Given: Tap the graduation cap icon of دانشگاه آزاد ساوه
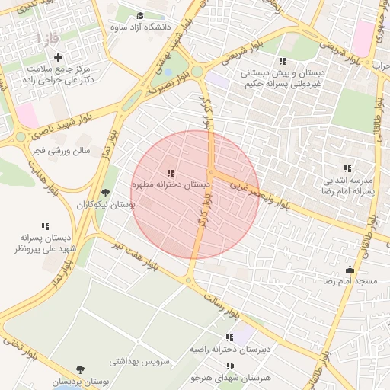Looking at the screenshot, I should pyautogui.click(x=140, y=15).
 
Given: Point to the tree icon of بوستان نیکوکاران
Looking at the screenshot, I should pyautogui.click(x=105, y=193).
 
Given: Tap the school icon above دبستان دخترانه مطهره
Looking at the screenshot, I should pyautogui.click(x=171, y=174).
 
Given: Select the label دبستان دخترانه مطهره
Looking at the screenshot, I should pyautogui.click(x=171, y=185).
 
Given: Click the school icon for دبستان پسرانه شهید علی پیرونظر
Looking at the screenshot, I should pyautogui.click(x=45, y=226).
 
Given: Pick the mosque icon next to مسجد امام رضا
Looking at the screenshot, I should pyautogui.click(x=350, y=269).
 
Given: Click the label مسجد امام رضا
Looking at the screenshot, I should pyautogui.click(x=350, y=282).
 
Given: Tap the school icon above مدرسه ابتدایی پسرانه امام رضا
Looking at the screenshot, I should pyautogui.click(x=347, y=168).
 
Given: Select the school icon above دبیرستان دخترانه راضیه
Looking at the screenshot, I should pyautogui.click(x=229, y=337).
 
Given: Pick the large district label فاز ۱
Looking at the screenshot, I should pyautogui.click(x=45, y=37).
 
